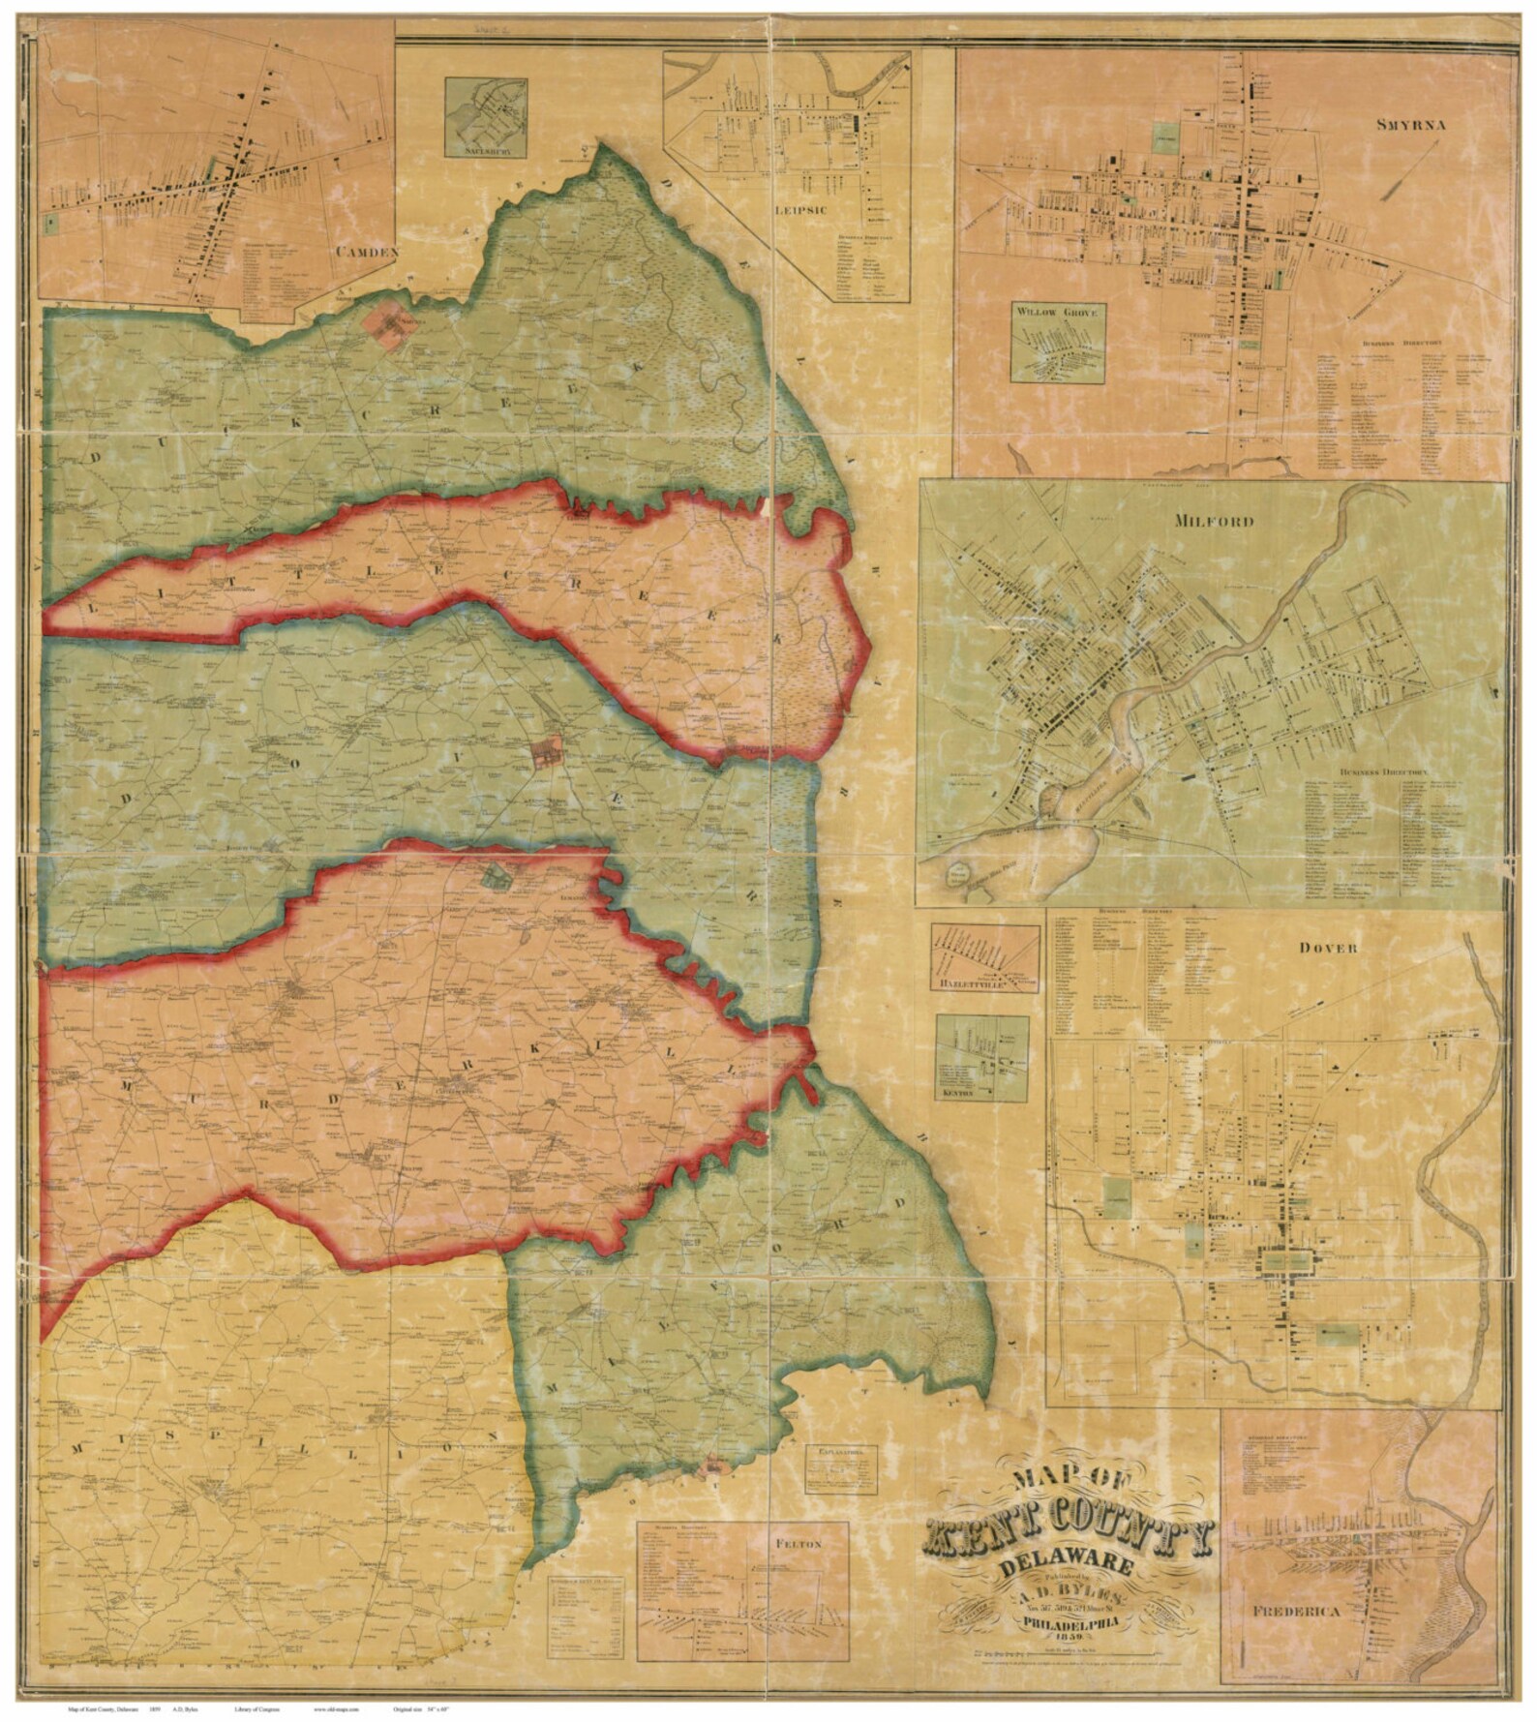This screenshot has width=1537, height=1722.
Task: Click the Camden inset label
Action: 367,252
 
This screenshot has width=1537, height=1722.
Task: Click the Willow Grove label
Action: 1058,312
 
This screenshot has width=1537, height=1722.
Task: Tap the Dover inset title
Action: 1328,948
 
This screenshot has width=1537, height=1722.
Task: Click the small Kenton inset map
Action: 981,1058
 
